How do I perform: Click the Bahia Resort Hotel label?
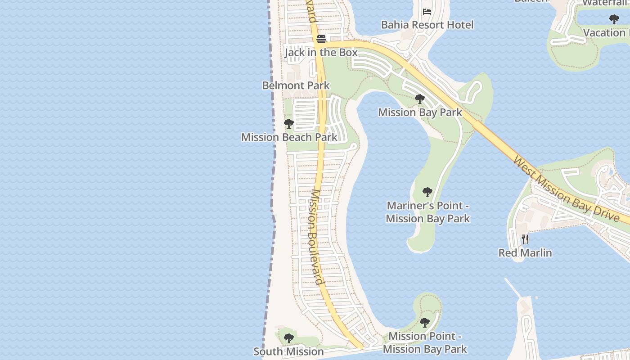(x=427, y=25)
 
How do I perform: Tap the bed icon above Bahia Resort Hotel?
(x=427, y=12)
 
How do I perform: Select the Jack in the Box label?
(x=321, y=52)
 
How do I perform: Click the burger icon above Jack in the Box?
(x=321, y=39)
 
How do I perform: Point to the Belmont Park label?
(x=296, y=85)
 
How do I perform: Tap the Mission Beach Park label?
(x=289, y=137)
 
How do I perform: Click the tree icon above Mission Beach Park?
(x=289, y=124)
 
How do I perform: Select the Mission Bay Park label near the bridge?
(x=420, y=112)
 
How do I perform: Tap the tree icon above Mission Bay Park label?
(x=420, y=99)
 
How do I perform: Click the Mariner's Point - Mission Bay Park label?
(x=427, y=212)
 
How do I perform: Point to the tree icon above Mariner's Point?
(x=427, y=193)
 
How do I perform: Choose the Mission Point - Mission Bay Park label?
(x=425, y=342)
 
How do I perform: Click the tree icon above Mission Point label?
(x=424, y=323)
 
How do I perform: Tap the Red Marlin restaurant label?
(x=525, y=252)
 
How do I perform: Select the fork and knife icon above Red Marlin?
(x=525, y=239)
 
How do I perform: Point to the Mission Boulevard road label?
(x=317, y=237)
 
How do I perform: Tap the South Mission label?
(x=288, y=351)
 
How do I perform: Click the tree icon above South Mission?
(x=288, y=338)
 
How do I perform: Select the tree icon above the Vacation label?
(x=614, y=19)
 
